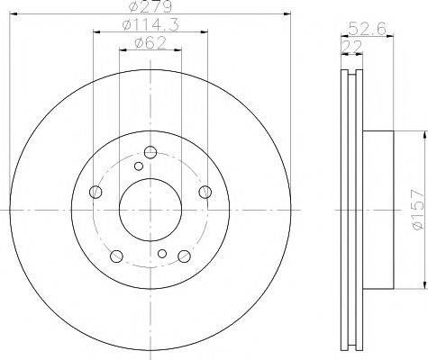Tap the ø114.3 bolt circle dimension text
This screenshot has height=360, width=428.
[x=147, y=26]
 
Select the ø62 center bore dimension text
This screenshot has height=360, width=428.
[x=148, y=42]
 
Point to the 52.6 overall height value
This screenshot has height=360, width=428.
[x=366, y=29]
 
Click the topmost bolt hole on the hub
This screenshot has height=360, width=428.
[x=150, y=150]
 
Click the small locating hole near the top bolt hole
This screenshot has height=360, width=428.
[x=138, y=165]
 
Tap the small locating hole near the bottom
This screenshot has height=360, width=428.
[x=161, y=254]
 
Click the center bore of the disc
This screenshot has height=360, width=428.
[x=150, y=208]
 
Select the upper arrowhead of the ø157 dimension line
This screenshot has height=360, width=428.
[x=422, y=132]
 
